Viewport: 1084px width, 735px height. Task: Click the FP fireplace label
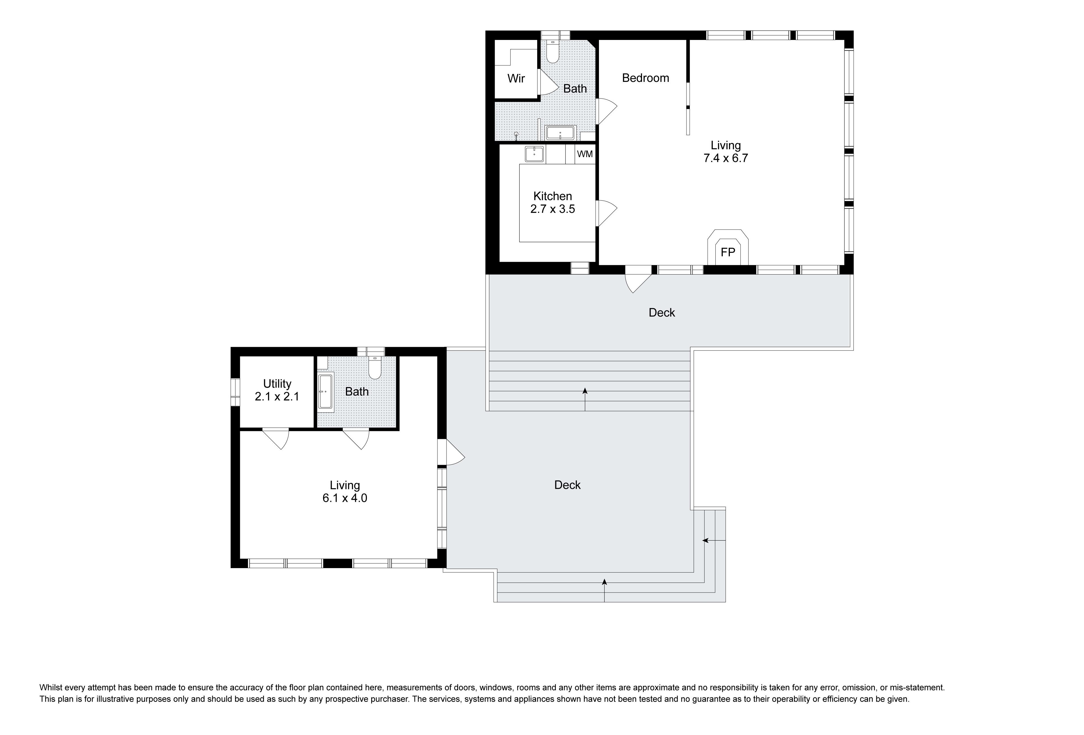pos(728,252)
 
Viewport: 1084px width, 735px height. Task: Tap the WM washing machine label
pos(585,154)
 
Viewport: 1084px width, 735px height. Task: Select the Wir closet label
pos(516,78)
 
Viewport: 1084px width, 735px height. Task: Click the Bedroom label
pos(645,78)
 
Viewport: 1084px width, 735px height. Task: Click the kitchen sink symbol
pos(535,154)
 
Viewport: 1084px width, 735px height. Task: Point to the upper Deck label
pos(662,313)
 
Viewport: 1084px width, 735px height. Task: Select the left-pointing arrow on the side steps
pos(714,541)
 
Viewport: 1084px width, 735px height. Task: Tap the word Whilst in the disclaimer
pos(51,687)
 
